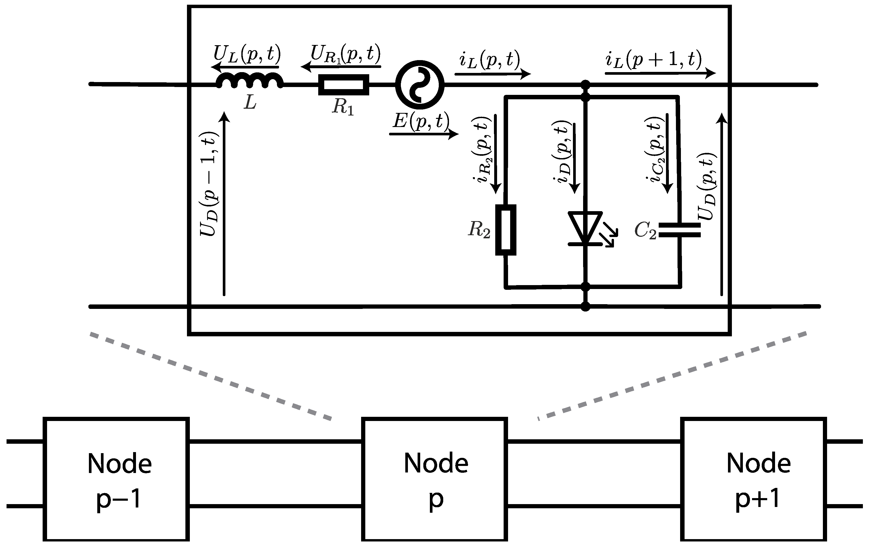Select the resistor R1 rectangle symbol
343,85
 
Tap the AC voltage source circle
420,85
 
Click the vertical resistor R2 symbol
505,230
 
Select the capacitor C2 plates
679,230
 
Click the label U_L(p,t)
247,54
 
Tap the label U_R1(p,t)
345,54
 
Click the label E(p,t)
421,121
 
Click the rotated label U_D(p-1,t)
210,184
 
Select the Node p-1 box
116,479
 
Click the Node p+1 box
753,479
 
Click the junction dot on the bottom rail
585,307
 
